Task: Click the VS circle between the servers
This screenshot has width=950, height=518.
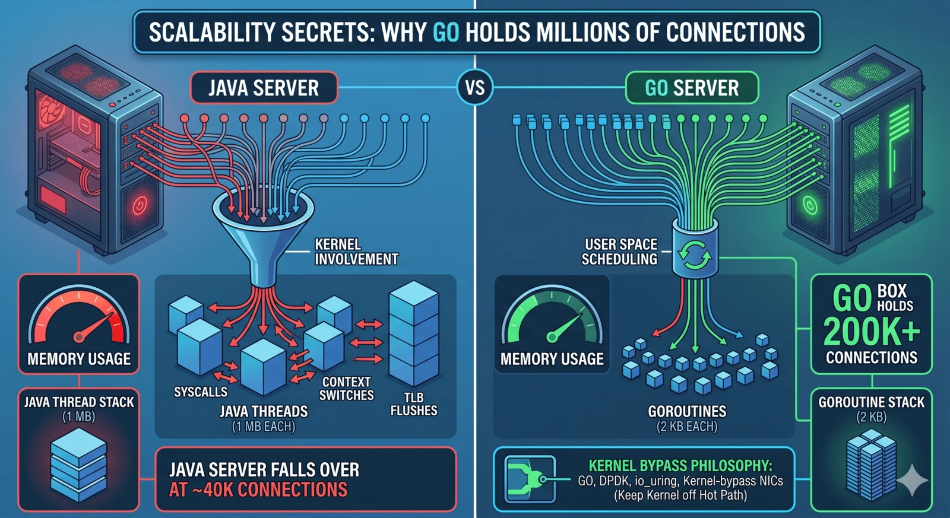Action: [475, 88]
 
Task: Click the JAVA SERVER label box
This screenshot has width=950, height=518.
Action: [264, 88]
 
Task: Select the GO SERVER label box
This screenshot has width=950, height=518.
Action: [692, 88]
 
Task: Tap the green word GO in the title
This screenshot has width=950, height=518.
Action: [446, 32]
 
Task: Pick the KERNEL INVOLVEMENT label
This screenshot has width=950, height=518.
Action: [356, 252]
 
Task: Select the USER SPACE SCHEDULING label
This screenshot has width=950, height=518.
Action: [620, 252]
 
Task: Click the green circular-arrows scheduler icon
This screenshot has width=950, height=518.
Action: [695, 255]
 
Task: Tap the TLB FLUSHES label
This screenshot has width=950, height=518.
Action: [413, 404]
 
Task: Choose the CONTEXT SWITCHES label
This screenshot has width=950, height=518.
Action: [347, 389]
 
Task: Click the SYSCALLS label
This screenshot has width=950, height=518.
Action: [201, 392]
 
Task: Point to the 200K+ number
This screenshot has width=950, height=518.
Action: [871, 331]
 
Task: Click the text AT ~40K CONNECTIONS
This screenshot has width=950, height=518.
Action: [258, 490]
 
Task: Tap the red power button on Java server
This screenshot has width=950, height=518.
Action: [140, 206]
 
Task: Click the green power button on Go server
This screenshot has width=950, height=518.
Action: [810, 206]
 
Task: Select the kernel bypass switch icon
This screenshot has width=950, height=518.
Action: [530, 478]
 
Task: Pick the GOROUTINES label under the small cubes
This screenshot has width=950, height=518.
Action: [687, 411]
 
